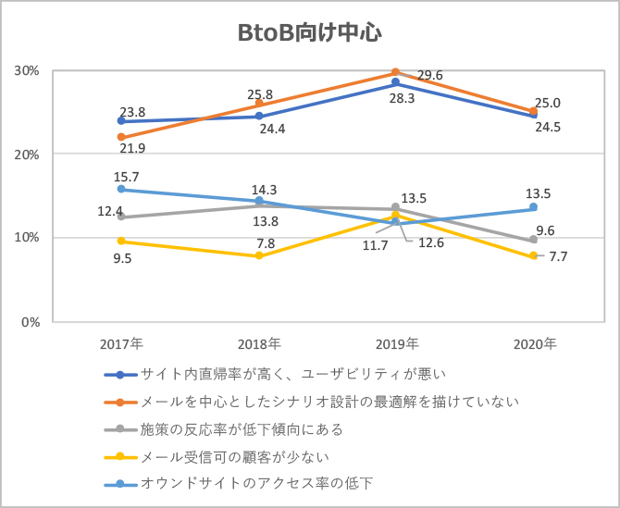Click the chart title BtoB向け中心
tap(310, 33)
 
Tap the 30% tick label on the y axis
tap(25, 70)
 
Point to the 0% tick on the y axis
tap(29, 322)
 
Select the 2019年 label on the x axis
tap(396, 343)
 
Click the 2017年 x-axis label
tap(121, 343)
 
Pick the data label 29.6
tap(430, 75)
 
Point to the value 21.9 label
tap(132, 148)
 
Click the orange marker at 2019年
tap(396, 72)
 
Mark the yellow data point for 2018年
tap(259, 255)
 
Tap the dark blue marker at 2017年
tap(122, 121)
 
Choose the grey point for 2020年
tap(533, 240)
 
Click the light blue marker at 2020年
tap(533, 207)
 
